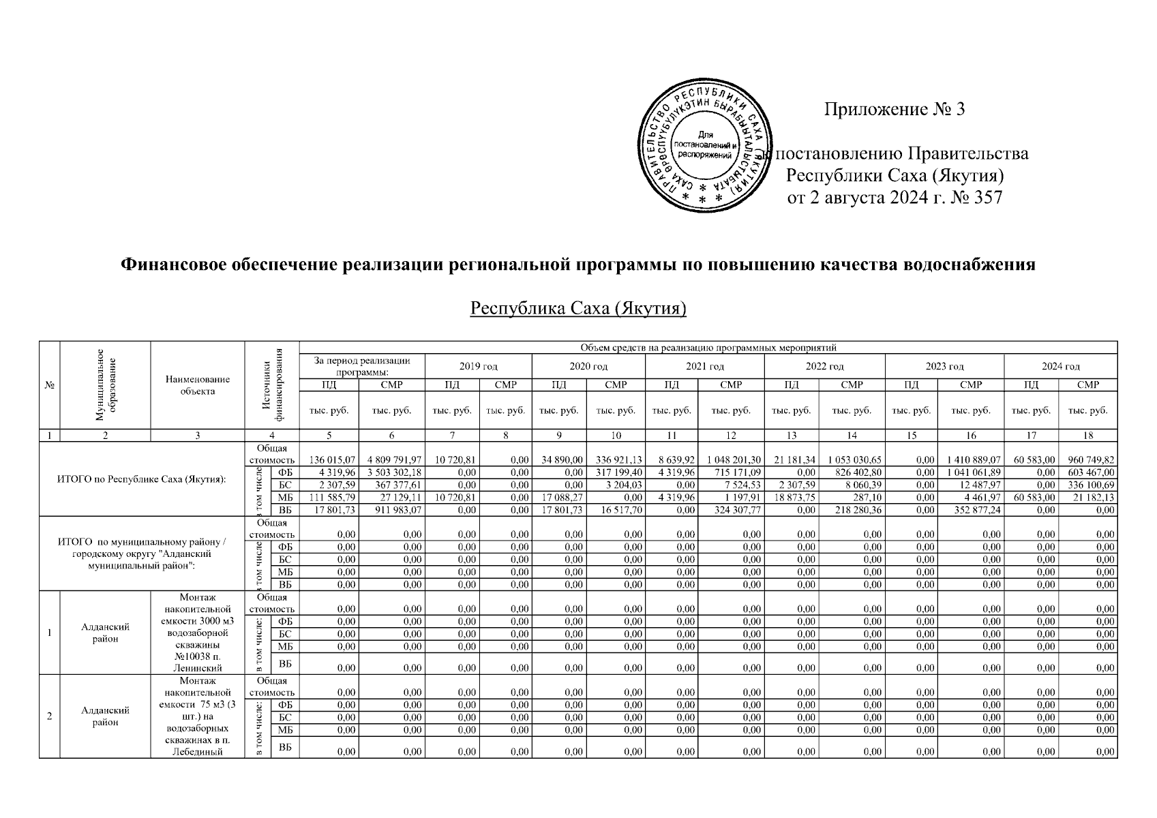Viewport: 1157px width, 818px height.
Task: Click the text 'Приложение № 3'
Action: coord(895,109)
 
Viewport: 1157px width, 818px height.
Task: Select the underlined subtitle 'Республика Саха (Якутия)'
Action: coord(578,309)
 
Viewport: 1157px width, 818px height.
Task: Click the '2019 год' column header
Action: coord(478,366)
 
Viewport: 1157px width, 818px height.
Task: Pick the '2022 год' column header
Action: coord(824,366)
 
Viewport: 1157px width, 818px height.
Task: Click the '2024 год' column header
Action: coord(1060,366)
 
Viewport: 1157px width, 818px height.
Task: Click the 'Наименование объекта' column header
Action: coord(197,385)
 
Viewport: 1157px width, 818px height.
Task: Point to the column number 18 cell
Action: coord(1087,435)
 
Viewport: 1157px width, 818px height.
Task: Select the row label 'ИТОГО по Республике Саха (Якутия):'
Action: coord(142,478)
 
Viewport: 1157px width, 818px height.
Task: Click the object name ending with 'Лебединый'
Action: coord(197,717)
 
